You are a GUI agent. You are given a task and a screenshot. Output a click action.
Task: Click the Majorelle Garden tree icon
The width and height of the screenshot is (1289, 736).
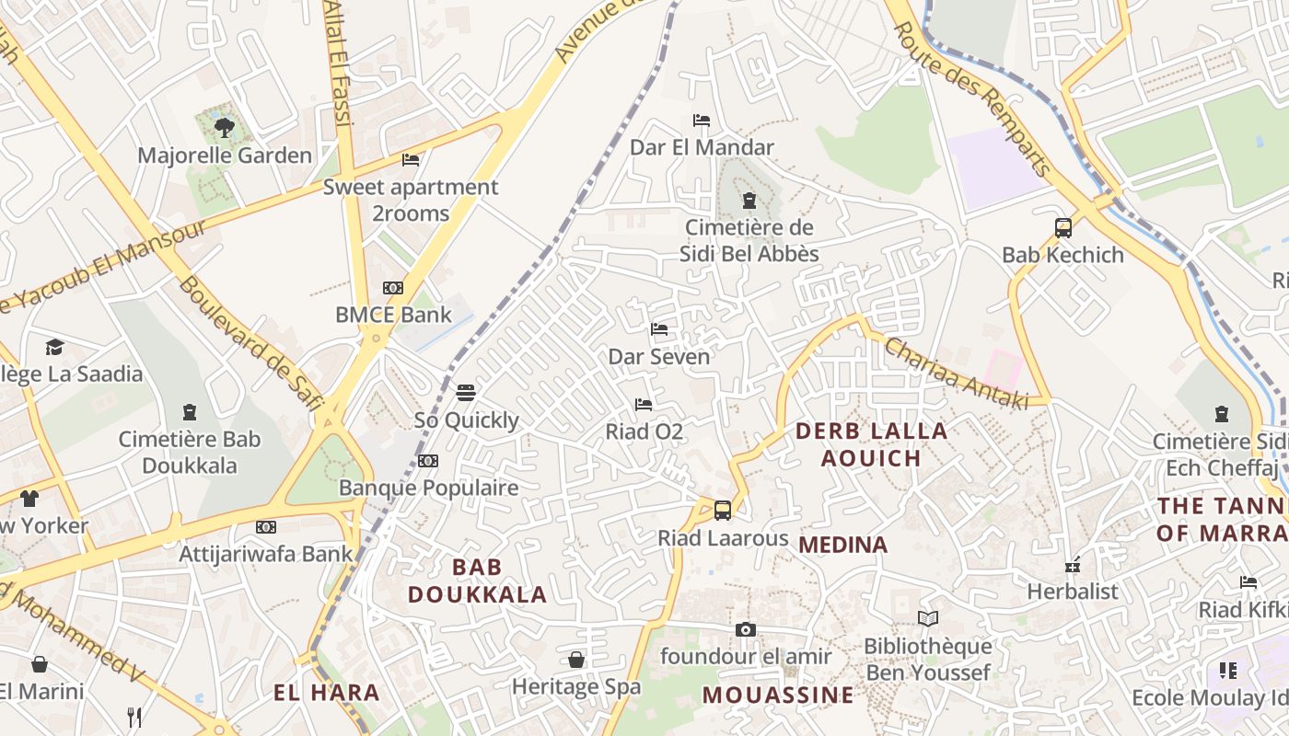[224, 127]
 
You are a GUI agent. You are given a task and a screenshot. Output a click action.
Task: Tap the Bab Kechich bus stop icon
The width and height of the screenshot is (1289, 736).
[1063, 227]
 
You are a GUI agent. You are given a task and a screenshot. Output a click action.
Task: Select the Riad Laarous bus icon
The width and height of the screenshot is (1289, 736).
[723, 510]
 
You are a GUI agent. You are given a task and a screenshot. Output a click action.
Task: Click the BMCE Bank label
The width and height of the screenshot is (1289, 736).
[393, 315]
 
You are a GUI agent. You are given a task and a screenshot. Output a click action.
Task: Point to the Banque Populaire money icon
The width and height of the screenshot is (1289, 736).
[428, 460]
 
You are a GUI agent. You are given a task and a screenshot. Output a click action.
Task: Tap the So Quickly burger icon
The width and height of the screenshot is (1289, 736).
[466, 393]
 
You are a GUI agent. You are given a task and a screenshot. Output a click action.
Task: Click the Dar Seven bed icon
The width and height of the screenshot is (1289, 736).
[659, 328]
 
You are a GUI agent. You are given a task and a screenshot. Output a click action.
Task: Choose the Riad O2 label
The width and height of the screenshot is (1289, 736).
[644, 431]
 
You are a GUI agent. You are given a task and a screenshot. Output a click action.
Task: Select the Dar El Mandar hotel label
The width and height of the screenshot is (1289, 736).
[702, 147]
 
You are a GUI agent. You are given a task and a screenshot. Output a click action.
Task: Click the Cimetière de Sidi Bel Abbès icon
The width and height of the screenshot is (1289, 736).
[749, 201]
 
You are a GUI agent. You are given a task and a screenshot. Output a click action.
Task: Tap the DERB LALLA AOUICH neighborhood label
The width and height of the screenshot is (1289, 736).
[871, 444]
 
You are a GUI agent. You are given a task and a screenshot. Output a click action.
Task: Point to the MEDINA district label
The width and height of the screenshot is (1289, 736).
[842, 545]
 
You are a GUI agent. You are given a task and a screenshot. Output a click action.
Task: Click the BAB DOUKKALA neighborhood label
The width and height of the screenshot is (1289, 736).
[477, 581]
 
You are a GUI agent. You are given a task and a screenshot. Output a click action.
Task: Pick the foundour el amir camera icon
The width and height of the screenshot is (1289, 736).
[746, 629]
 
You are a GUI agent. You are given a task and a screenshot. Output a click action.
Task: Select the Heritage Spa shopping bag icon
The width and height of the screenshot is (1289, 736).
[576, 660]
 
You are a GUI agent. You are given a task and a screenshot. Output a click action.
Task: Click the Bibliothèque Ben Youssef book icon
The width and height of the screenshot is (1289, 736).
[928, 619]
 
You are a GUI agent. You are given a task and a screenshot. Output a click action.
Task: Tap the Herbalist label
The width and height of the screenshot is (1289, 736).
[1073, 591]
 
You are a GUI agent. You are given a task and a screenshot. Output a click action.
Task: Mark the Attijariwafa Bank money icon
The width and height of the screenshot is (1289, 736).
[266, 527]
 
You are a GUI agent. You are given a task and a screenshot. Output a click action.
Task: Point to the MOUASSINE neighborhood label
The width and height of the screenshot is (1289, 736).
[778, 696]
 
